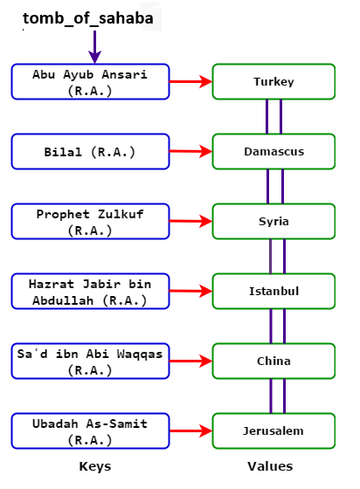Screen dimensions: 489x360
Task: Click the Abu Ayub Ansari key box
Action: [x=90, y=80]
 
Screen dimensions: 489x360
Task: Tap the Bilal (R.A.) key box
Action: [x=90, y=151]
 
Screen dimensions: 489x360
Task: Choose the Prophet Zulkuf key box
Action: [x=90, y=221]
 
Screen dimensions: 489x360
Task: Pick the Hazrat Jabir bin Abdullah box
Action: [x=90, y=291]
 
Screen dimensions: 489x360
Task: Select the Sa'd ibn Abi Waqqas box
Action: [x=90, y=361]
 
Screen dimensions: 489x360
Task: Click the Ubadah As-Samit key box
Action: [x=90, y=430]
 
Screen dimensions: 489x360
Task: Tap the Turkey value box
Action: [x=273, y=82]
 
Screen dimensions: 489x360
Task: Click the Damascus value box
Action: [x=273, y=152]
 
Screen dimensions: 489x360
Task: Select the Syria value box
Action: [x=273, y=222]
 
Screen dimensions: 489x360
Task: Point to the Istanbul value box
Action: [x=273, y=292]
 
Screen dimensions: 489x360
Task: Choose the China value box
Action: [x=273, y=361]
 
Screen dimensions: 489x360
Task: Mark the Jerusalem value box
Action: [x=273, y=430]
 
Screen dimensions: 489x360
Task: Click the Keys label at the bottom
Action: [x=93, y=466]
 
